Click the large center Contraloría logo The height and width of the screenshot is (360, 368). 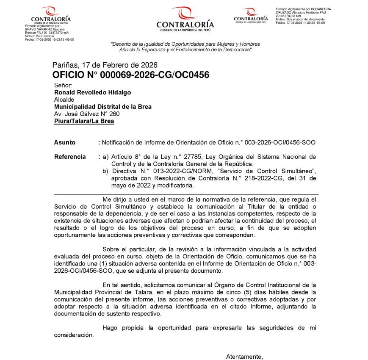click(185, 19)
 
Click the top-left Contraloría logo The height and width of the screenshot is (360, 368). click(51, 15)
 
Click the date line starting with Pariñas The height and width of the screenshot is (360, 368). click(105, 65)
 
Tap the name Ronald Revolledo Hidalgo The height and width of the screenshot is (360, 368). click(92, 92)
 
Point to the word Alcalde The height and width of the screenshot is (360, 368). click(64, 100)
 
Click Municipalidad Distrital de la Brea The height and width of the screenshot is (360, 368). click(102, 107)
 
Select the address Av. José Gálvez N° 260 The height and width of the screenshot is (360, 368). click(87, 114)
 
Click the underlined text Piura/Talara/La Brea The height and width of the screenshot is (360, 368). click(84, 121)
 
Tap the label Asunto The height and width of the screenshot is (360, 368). click(65, 143)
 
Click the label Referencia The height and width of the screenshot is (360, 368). click(70, 157)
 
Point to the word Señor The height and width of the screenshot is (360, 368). click(64, 86)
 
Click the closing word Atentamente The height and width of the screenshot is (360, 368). click(244, 356)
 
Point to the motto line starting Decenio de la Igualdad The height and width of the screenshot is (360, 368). click(185, 44)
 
